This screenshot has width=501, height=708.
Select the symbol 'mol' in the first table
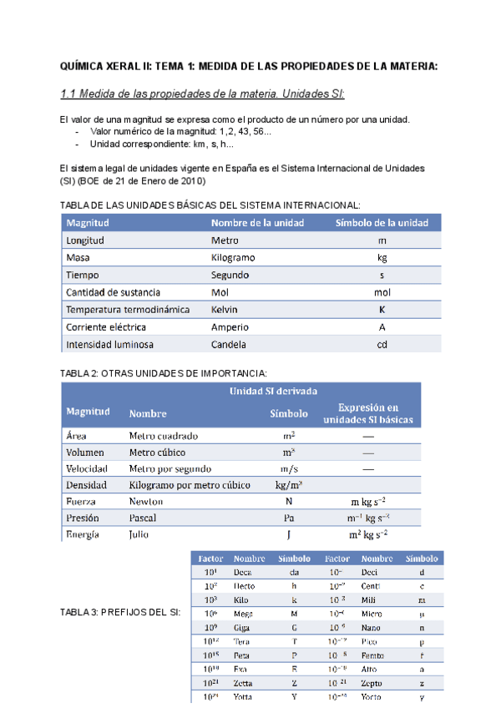click(382, 293)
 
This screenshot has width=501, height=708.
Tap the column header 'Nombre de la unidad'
click(257, 223)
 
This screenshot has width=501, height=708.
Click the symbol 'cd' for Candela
click(382, 345)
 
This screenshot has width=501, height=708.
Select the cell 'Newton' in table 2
click(146, 502)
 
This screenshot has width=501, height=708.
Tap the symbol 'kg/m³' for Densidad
click(288, 485)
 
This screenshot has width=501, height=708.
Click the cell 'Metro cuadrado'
click(164, 436)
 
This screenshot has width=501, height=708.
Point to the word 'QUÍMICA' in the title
click(87, 67)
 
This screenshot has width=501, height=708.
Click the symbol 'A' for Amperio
click(382, 327)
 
